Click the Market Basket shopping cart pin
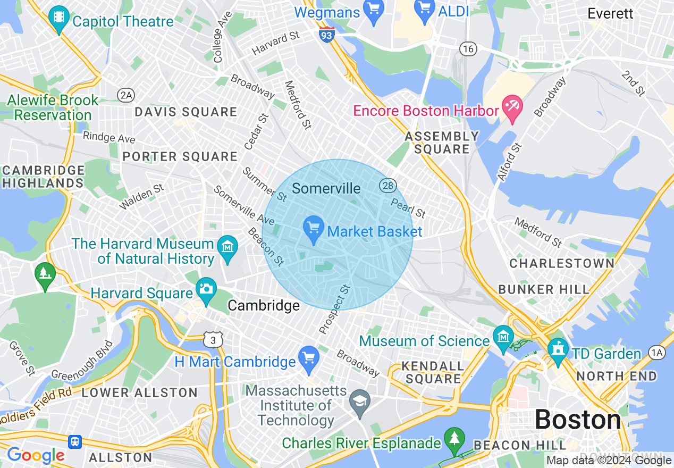[314, 229]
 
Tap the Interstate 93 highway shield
[327, 36]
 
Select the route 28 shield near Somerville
[387, 186]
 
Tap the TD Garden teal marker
[558, 352]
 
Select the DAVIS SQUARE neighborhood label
[186, 112]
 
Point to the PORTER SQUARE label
[180, 157]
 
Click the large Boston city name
[577, 420]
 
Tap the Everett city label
[610, 14]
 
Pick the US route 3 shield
[213, 339]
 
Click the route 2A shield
[127, 95]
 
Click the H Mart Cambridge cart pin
[308, 359]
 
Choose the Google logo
[36, 455]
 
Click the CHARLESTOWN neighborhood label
[562, 263]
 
